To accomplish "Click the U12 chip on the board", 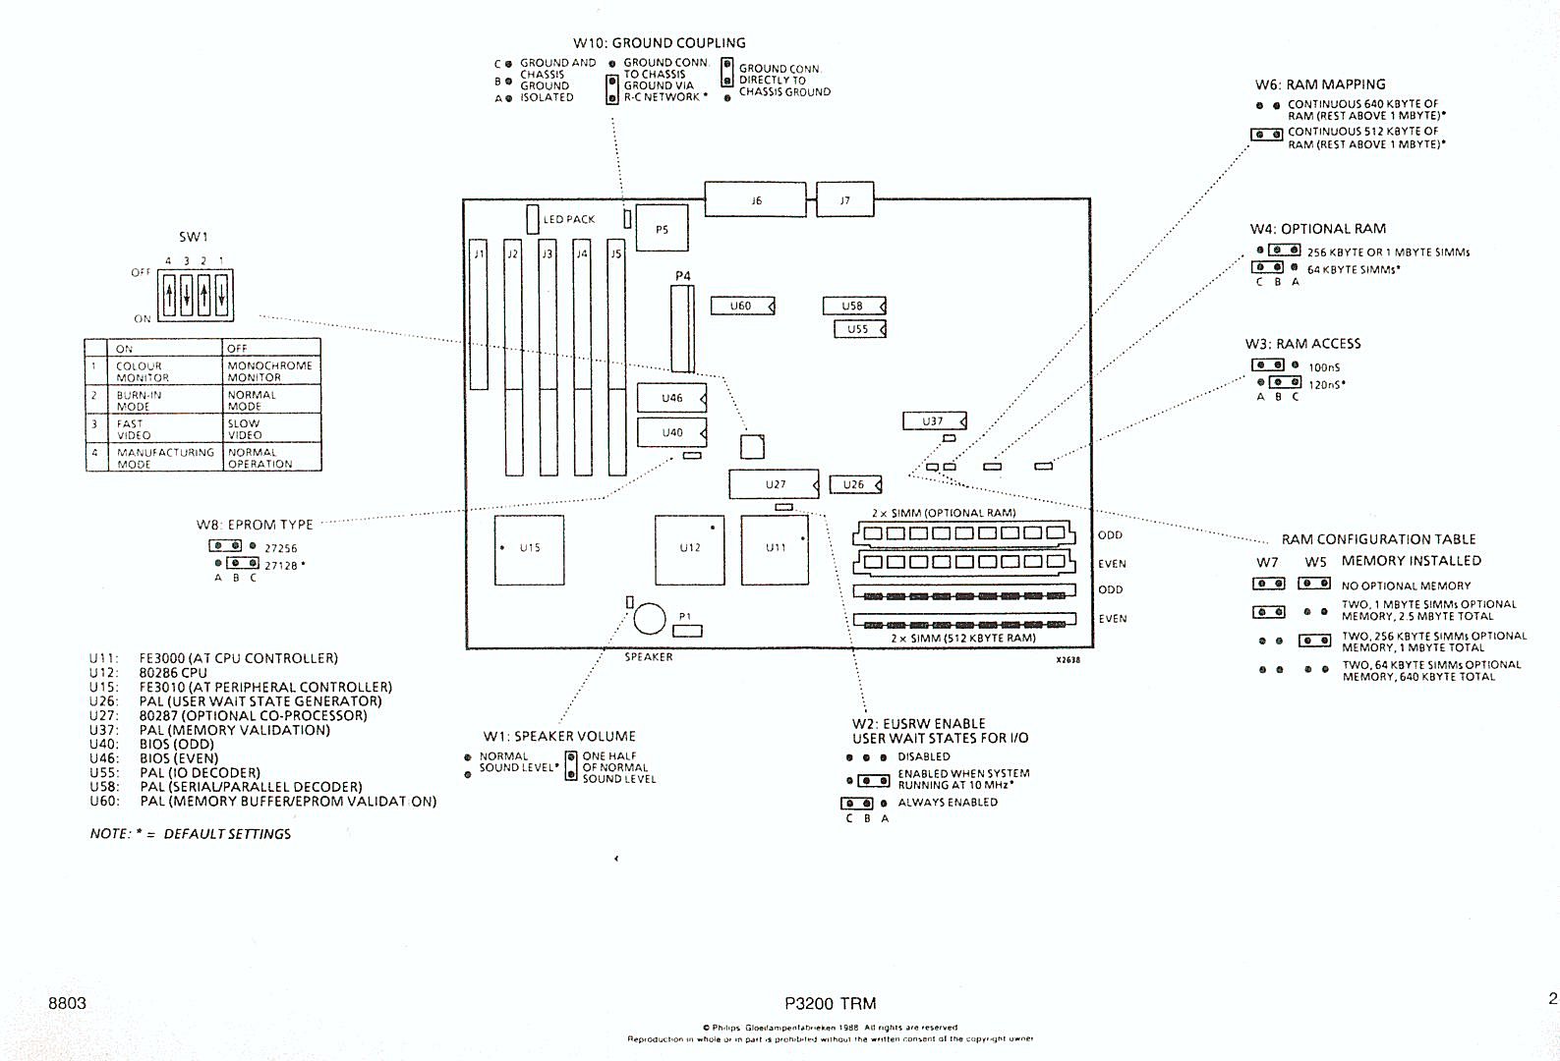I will pos(690,550).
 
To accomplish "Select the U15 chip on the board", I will pos(530,550).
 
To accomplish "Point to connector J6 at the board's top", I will pos(756,200).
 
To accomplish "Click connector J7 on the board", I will pos(844,200).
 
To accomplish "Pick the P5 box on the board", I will pos(662,229).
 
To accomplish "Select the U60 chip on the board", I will pos(742,307).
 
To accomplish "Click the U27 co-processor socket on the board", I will pos(775,484).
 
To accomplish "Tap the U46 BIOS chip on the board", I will pos(672,398).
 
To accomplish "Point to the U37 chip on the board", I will pos(934,421).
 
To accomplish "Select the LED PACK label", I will pos(569,220).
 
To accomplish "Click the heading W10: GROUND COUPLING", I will pos(660,43).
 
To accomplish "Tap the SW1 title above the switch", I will pos(194,237).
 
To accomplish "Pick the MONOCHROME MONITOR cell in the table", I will pos(270,371).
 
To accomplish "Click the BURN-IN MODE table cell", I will pos(139,400).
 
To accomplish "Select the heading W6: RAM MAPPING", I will pos(1320,84).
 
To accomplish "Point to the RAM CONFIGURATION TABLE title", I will pos(1378,539).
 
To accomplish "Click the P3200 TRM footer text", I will pos(831,1003).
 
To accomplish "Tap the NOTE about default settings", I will pos(191,834).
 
